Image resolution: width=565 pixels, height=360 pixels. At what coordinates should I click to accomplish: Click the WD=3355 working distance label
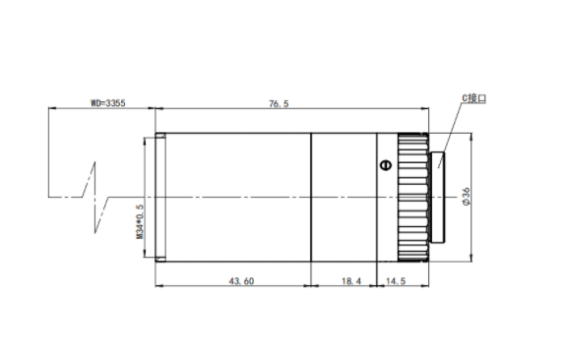click(x=107, y=103)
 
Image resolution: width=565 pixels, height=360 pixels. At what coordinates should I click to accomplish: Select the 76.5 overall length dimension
click(x=279, y=103)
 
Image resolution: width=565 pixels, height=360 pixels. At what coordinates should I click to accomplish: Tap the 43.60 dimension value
click(x=241, y=280)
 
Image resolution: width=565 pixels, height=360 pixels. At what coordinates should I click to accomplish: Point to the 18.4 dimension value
click(x=351, y=280)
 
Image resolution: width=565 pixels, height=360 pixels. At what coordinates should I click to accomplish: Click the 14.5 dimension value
click(x=396, y=280)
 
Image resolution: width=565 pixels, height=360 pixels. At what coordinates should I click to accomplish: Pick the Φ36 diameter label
click(x=467, y=197)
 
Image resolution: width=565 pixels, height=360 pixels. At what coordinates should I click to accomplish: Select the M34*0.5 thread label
click(x=140, y=221)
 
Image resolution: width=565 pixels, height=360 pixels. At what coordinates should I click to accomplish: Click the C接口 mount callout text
click(x=474, y=98)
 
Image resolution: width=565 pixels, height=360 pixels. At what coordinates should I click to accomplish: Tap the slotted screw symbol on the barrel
click(x=386, y=165)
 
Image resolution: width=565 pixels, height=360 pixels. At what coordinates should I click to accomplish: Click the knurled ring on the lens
click(x=413, y=198)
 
